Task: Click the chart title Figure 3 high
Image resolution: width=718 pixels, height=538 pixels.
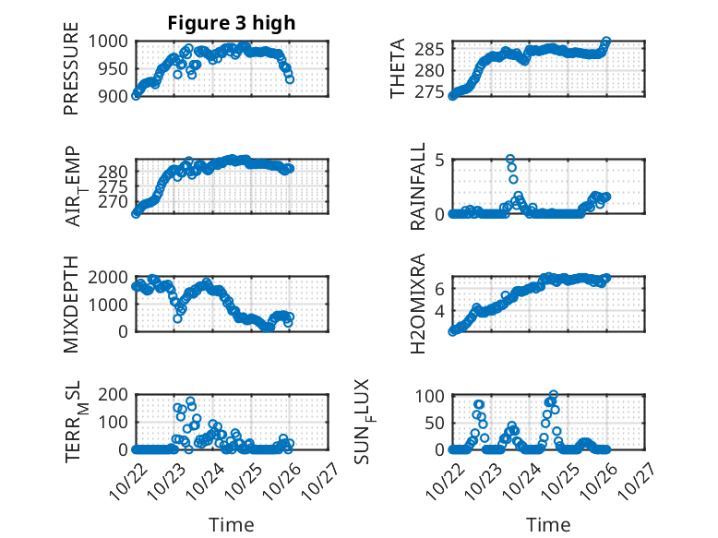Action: [231, 23]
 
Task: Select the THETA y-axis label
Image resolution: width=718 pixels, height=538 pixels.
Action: [398, 68]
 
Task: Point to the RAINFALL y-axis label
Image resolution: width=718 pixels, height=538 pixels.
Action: [418, 186]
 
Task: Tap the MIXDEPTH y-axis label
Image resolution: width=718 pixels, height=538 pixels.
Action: [71, 305]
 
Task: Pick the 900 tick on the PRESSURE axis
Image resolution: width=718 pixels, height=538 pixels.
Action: [117, 95]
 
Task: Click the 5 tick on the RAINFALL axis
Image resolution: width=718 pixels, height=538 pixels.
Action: [440, 160]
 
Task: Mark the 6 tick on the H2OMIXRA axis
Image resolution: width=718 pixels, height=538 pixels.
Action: [440, 289]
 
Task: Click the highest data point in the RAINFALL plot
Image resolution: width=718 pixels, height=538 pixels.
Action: [510, 160]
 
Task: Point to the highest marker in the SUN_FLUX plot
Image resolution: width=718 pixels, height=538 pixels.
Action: [554, 396]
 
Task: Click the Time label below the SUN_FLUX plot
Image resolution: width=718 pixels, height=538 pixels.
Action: [548, 524]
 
